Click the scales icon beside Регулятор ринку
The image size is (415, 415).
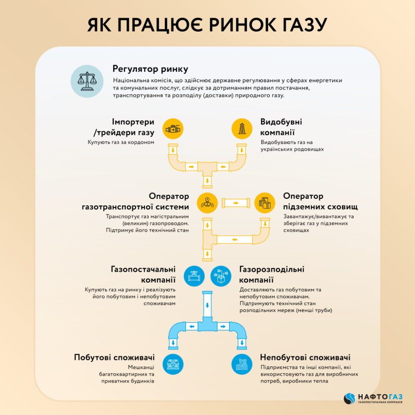[87, 81]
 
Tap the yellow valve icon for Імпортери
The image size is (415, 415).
[173, 129]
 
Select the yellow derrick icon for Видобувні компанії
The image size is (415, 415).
[242, 129]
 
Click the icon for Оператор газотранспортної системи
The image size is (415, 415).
[207, 203]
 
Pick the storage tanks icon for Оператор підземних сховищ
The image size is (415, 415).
[265, 203]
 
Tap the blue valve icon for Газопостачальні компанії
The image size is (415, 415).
[194, 276]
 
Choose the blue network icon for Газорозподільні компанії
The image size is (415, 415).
[221, 276]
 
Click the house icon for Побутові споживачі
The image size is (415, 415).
[173, 364]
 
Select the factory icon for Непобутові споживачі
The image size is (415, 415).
[242, 364]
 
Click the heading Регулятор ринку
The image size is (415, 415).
[150, 69]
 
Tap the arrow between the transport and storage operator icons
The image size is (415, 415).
[236, 203]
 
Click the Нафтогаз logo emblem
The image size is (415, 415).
[349, 399]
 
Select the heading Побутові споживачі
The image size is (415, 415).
[114, 358]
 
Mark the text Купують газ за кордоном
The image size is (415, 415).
[121, 142]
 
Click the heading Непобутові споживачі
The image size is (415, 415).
[305, 358]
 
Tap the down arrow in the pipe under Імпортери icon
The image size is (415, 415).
[173, 150]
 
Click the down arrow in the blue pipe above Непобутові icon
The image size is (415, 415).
[242, 343]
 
